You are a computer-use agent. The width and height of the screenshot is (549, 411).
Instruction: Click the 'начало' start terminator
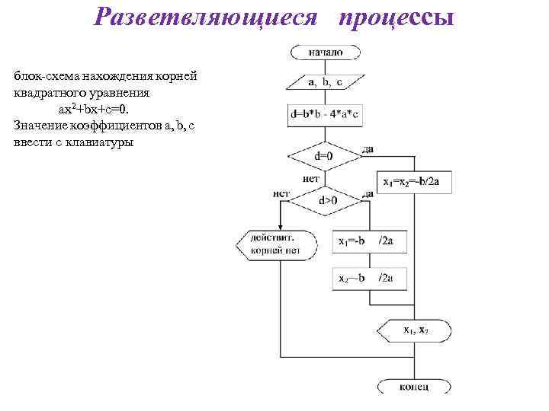326,53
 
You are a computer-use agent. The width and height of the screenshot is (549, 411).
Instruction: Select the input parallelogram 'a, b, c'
326,82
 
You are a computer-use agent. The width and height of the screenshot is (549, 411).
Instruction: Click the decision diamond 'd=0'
324,157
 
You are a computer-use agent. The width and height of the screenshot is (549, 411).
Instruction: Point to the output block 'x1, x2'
416,330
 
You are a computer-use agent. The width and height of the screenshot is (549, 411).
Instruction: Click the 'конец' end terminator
414,387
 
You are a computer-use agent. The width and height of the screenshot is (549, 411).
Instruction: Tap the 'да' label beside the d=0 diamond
368,149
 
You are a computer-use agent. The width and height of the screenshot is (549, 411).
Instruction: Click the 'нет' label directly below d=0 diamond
311,179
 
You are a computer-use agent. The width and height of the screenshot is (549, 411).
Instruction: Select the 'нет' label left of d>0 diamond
281,193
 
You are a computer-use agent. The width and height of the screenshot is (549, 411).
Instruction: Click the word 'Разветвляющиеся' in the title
204,18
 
